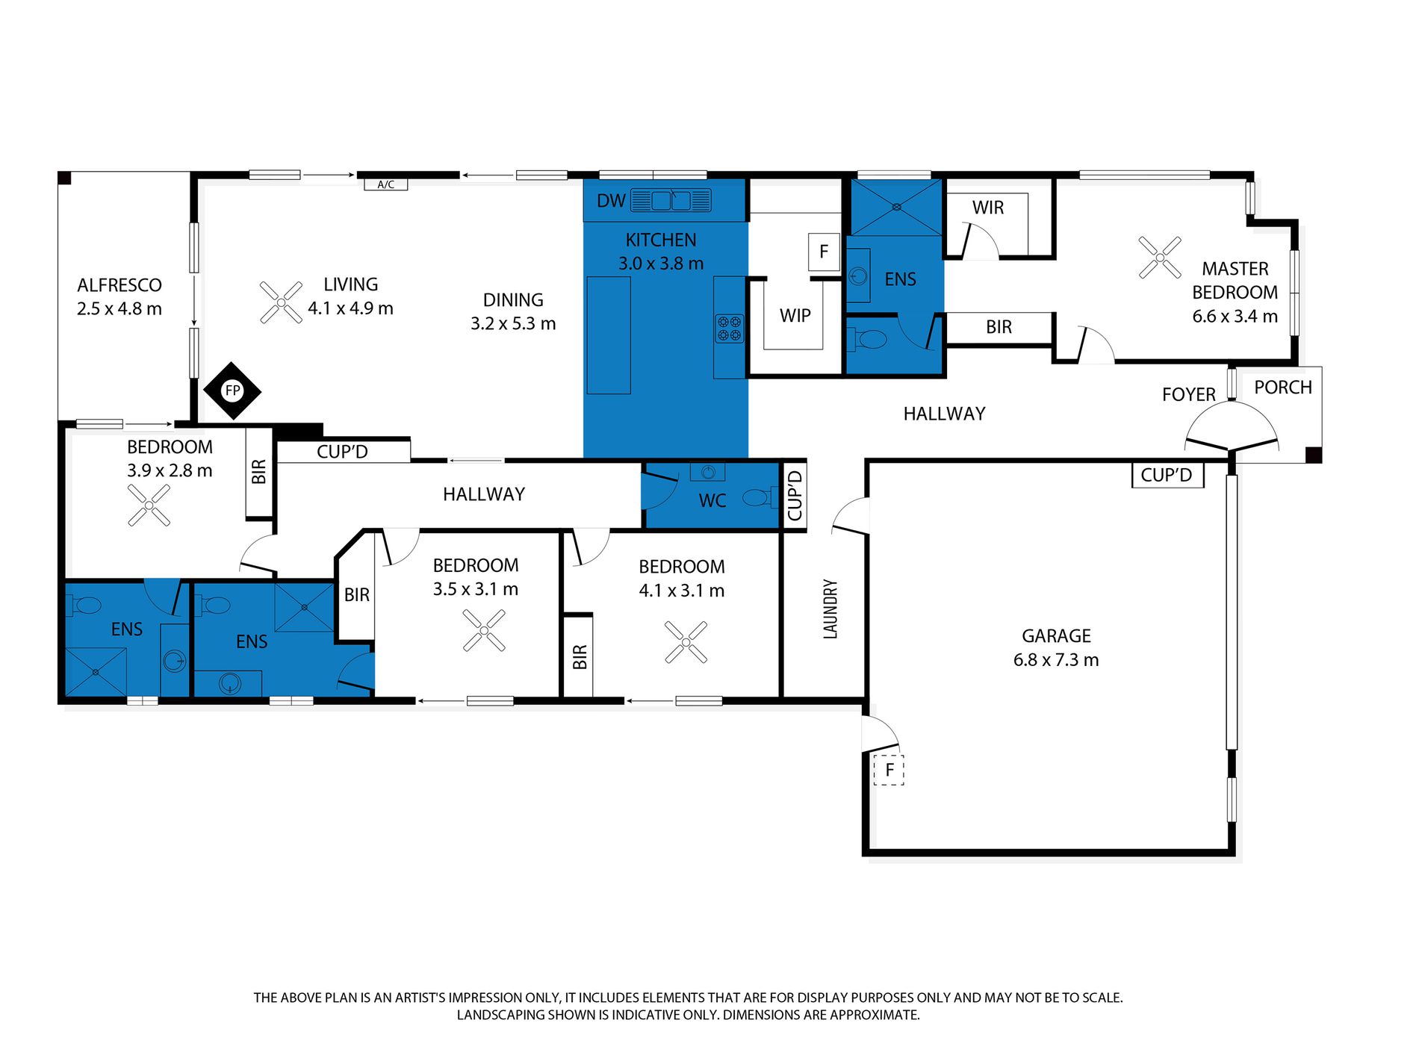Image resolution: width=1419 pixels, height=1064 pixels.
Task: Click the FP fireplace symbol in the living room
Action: (232, 391)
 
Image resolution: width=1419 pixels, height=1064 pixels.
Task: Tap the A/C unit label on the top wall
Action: (385, 184)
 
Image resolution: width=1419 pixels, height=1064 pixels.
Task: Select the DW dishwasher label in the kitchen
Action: (611, 201)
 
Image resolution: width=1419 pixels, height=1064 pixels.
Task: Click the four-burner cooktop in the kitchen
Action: (730, 329)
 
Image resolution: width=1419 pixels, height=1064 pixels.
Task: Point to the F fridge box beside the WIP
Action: (824, 252)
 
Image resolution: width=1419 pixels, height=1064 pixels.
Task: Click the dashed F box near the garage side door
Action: (889, 770)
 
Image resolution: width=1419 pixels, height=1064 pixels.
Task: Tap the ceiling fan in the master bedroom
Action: (1160, 258)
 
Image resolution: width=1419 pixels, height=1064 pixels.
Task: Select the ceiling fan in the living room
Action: (281, 302)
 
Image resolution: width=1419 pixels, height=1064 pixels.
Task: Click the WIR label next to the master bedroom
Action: (988, 208)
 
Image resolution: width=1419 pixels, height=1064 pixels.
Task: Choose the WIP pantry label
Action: (795, 315)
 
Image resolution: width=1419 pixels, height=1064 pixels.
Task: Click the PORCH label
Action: (1283, 388)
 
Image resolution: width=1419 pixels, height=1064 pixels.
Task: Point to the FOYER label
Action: (1189, 394)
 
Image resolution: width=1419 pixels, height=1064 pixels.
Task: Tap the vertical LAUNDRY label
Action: (830, 609)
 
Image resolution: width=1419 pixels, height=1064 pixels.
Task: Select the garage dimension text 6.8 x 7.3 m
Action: (1056, 660)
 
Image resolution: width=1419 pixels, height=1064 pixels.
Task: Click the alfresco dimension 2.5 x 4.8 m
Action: (119, 309)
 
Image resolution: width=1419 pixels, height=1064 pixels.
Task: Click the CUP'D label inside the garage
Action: (1167, 475)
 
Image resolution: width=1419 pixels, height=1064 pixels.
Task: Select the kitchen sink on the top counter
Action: (671, 200)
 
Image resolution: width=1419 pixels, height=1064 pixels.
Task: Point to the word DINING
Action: (513, 300)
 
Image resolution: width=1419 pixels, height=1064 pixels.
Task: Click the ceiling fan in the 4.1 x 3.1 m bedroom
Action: (686, 642)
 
